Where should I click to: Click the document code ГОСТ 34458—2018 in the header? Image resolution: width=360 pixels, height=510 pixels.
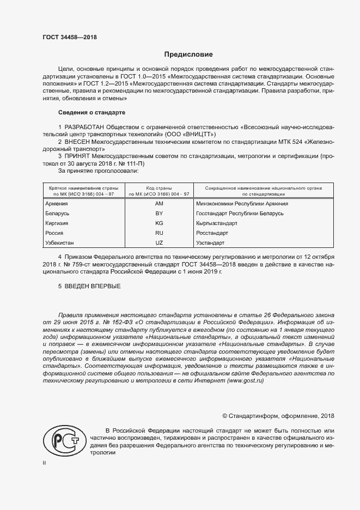point(69,37)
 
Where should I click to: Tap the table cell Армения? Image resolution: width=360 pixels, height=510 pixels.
point(56,203)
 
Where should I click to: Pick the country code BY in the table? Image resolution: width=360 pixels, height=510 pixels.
point(159,213)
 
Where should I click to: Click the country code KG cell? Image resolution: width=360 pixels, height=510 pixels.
point(159,223)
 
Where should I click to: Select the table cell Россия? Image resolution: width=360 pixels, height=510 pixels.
point(54,233)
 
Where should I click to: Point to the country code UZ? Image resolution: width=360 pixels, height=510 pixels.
point(159,242)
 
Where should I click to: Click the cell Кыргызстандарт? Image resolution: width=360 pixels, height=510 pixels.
point(216,223)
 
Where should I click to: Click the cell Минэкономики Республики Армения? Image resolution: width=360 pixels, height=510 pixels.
point(242,203)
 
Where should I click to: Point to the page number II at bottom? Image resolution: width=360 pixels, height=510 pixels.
point(44,463)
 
